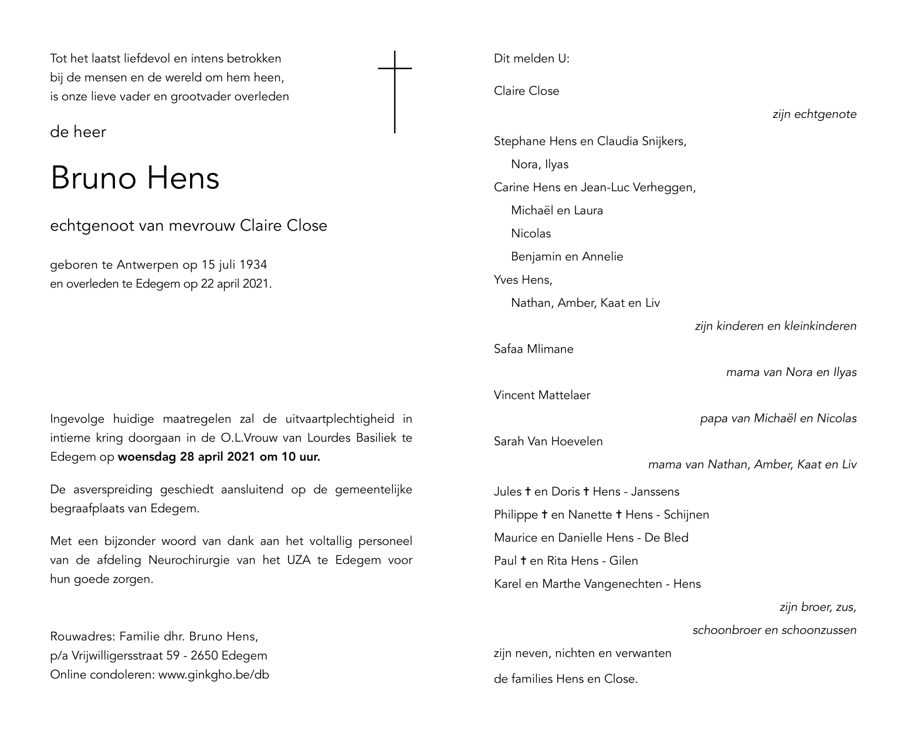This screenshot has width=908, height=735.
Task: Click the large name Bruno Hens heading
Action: pos(135,178)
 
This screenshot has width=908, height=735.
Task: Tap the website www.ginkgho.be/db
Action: pos(214,675)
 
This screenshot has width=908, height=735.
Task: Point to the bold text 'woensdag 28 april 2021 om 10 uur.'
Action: pos(219,457)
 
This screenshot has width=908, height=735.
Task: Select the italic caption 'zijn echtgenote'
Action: pos(814,114)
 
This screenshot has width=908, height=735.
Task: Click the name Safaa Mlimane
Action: pos(533,349)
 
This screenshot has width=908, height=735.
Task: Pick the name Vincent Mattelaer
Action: pos(542,395)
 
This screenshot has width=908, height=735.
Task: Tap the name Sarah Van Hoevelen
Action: pos(548,442)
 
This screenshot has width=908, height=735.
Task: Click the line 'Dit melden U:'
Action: pos(531,59)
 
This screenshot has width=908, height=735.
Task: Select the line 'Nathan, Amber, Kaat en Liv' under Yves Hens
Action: pos(585,303)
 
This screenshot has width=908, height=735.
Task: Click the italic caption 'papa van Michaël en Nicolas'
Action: pos(778,419)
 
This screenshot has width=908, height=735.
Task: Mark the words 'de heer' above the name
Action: pos(78,132)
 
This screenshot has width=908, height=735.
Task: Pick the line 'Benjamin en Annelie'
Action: pos(567,257)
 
